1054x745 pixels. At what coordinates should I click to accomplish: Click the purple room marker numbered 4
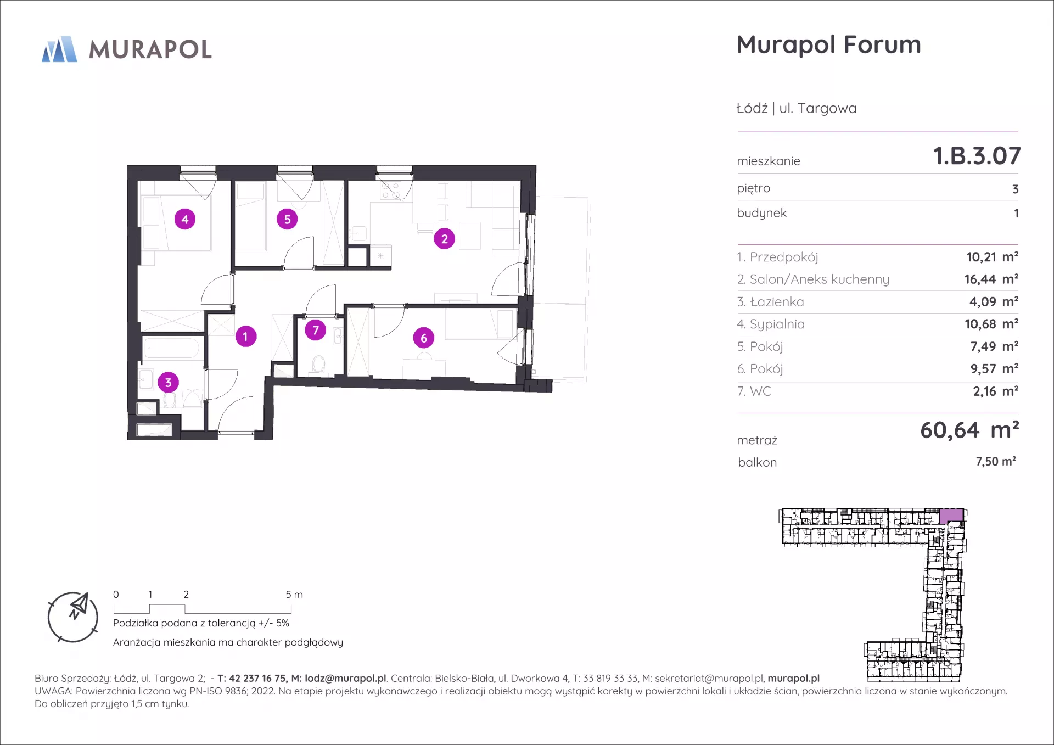[185, 219]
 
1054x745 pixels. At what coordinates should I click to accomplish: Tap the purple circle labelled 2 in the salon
[445, 239]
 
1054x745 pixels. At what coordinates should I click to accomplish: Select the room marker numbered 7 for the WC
[316, 330]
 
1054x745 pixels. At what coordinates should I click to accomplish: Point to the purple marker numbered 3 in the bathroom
[169, 382]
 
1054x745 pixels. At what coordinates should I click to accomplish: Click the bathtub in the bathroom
[172, 348]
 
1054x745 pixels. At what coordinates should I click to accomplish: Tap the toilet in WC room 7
[318, 365]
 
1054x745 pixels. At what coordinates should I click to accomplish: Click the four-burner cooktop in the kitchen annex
[391, 191]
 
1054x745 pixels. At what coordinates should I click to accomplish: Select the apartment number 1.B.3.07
[977, 156]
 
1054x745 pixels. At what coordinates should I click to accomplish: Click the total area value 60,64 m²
[969, 430]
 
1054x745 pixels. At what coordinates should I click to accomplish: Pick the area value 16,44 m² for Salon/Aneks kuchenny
[991, 279]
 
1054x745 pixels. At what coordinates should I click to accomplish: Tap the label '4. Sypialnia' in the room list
[771, 324]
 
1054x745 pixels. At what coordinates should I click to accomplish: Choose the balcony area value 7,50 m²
[996, 462]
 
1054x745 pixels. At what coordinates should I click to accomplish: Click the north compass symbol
[73, 617]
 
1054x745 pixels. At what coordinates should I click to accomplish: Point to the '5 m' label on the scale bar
[294, 595]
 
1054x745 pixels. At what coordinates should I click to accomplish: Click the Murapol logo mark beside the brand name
[59, 49]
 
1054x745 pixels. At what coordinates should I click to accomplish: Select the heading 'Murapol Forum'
[828, 44]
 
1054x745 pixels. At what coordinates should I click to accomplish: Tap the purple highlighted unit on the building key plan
[951, 515]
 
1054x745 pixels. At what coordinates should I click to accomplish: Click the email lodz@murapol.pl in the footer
[345, 679]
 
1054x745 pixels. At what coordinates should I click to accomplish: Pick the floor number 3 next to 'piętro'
[1015, 189]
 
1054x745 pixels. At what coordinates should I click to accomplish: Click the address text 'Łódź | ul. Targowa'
[796, 108]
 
